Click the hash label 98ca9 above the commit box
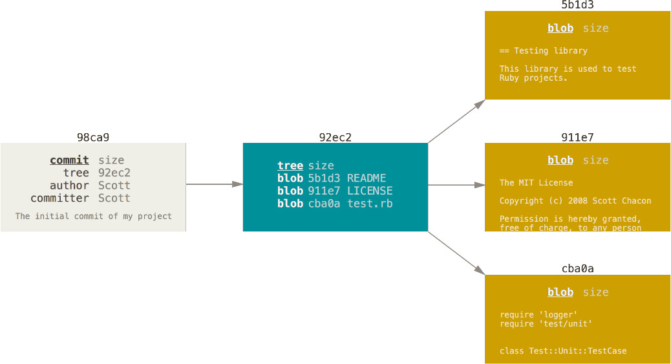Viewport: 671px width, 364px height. (93, 138)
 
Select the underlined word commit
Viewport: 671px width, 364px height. (69, 160)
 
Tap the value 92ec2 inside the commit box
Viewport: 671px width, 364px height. (114, 173)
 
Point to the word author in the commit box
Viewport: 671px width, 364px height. (69, 186)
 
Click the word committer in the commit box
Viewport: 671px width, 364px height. (60, 198)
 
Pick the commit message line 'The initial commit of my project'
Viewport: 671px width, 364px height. (93, 216)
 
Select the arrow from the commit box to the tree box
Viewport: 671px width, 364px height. (215, 184)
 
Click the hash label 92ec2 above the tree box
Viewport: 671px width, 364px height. (335, 138)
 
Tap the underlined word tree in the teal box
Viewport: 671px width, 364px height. (290, 166)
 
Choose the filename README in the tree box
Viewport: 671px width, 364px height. (367, 178)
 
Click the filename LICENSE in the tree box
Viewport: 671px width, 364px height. (370, 191)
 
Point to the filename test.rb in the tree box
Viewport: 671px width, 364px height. (370, 204)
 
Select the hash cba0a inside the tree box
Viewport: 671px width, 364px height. (324, 204)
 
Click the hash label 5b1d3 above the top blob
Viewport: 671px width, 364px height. (577, 5)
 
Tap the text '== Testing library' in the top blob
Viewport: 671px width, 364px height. (544, 50)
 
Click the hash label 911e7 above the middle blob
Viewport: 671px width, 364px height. (577, 138)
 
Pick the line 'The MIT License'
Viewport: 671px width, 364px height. (536, 182)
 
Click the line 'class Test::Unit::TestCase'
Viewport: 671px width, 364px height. (563, 350)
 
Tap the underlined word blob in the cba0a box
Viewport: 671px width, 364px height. (560, 292)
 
